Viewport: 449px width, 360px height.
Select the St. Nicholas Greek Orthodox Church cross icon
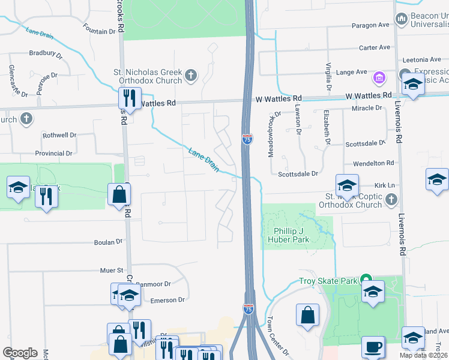[x=191, y=75]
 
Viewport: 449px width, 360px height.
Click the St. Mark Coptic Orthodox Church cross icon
[x=391, y=199]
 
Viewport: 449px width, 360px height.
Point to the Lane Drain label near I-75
[x=203, y=160]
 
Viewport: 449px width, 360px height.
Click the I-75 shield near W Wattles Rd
[x=247, y=139]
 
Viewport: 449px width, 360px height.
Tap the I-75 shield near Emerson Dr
[x=248, y=308]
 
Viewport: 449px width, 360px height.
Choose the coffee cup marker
[x=373, y=347]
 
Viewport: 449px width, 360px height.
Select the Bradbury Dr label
[x=46, y=53]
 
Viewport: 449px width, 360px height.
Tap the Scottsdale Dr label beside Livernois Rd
[x=364, y=143]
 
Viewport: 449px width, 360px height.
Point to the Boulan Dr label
[x=108, y=242]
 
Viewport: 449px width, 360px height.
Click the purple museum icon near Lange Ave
[x=379, y=77]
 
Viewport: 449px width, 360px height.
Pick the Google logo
[x=20, y=353]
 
